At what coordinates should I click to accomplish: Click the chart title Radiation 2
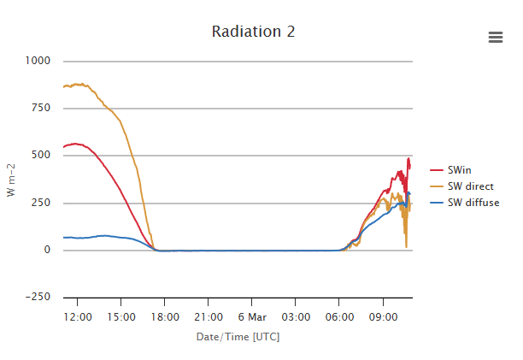pos(254,32)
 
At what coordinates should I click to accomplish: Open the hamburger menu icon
pos(496,37)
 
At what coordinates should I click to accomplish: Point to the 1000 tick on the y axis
pos(38,61)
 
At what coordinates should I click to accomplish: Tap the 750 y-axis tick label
pos(41,109)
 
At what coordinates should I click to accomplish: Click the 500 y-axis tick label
pos(41,156)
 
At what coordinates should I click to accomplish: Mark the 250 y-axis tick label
pos(41,204)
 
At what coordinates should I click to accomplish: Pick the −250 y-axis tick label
pos(38,298)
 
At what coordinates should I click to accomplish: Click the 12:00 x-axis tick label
pos(78,316)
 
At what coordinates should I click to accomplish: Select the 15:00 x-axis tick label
pos(121,316)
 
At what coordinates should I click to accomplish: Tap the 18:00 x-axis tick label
pos(165,316)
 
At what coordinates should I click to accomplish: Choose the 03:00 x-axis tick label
pos(296,316)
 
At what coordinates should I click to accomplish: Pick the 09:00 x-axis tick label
pos(383,316)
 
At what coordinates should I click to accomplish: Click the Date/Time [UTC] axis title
pos(238,337)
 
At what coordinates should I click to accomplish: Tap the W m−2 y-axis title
pos(11,180)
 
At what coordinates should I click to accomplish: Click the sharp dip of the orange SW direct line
pos(407,246)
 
